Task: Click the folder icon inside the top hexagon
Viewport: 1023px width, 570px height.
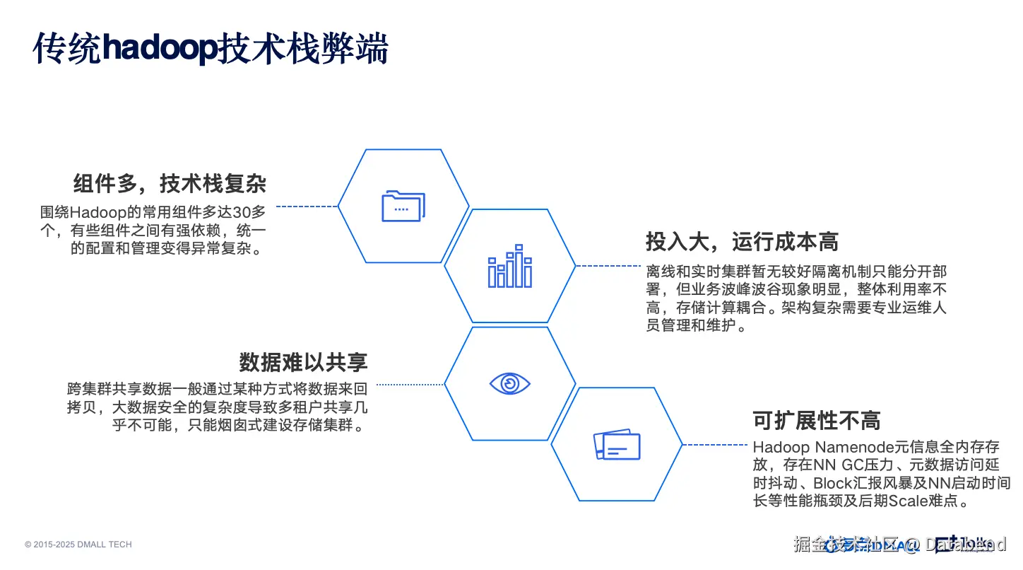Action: [403, 207]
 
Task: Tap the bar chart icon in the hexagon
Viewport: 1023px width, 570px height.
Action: [509, 267]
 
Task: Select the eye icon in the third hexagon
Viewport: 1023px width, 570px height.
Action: [509, 384]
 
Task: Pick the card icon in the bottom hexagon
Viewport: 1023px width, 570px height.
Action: [617, 445]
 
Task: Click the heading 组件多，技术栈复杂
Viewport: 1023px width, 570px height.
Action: [170, 184]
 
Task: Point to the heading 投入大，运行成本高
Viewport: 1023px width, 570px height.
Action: [742, 242]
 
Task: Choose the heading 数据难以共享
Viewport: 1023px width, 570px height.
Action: [303, 362]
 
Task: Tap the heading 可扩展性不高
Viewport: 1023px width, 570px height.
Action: [817, 421]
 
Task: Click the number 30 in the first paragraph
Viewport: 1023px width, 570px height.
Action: [243, 212]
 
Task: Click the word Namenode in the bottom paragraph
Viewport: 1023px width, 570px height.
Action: [844, 447]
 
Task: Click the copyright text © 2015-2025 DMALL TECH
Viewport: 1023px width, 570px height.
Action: [78, 545]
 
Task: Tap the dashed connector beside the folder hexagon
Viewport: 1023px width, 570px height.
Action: [307, 207]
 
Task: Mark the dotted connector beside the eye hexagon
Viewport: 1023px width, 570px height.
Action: [410, 385]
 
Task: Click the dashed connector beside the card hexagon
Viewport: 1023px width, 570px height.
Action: [715, 445]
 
